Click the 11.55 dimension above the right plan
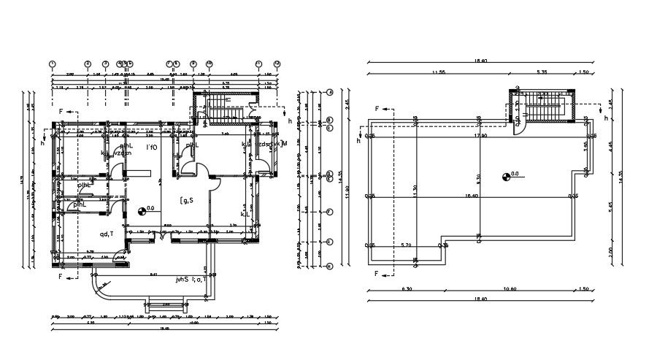[438, 72]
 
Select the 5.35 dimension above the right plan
[541, 72]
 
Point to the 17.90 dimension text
[480, 136]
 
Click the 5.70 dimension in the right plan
[408, 245]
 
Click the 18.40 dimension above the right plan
[480, 61]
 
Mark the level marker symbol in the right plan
[506, 175]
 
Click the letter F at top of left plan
[61, 112]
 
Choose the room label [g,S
[185, 200]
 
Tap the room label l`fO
[152, 148]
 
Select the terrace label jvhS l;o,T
[191, 279]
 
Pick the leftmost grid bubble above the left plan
[53, 64]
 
